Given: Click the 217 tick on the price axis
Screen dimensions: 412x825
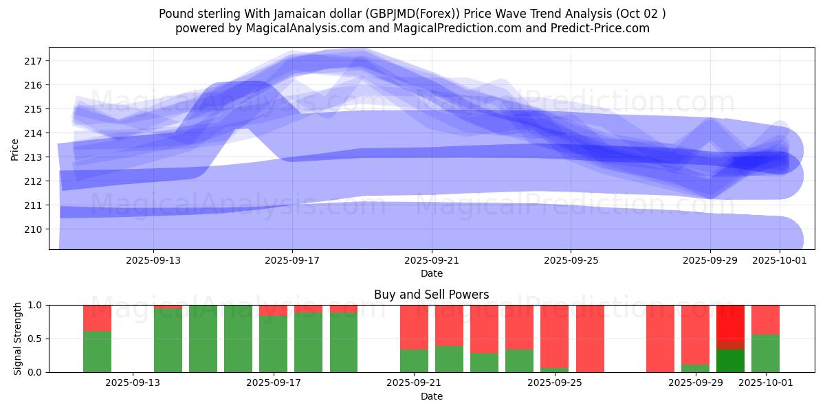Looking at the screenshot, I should coord(34,61).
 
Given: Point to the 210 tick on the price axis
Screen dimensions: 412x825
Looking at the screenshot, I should coord(34,229).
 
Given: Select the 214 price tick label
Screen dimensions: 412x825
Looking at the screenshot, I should coord(34,133).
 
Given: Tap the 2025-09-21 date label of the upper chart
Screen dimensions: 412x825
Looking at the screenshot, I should coord(431,260).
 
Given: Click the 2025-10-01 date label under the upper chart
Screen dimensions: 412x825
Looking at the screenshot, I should coord(779,260).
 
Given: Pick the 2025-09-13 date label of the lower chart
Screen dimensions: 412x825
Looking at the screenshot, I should coord(133,383).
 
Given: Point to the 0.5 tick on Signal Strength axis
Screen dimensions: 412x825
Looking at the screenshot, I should coord(34,339).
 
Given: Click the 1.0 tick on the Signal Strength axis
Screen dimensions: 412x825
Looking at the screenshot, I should coord(34,305).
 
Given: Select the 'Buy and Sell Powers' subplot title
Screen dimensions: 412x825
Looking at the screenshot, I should coord(431,295).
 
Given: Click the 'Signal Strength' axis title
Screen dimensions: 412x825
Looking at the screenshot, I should coord(17,339).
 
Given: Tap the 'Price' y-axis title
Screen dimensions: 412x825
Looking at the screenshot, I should coord(15,149).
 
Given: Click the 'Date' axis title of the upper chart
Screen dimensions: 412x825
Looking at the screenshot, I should coord(431,273).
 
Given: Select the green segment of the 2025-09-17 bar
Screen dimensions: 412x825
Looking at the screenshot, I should coord(273,344).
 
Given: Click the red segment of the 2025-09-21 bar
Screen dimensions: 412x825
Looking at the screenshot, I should coord(414,327).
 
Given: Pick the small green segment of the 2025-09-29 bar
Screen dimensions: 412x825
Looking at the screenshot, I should coord(695,368).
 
